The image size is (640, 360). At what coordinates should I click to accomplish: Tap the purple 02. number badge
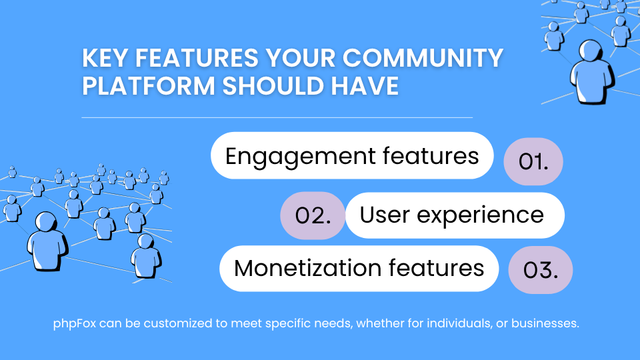313,216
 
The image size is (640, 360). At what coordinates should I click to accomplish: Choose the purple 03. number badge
541,271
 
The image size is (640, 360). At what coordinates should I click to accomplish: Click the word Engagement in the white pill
300,156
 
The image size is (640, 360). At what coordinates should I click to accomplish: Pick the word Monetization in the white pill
307,267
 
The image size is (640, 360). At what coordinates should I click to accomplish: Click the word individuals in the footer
452,325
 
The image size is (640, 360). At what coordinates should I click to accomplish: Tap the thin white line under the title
277,117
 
